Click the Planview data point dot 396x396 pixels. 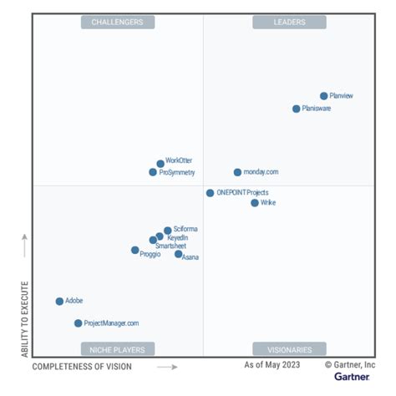point(324,96)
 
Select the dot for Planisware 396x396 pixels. point(296,109)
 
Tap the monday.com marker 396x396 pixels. point(237,172)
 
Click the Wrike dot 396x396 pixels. point(255,202)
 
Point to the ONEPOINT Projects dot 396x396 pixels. point(210,193)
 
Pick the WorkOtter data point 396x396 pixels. point(160,164)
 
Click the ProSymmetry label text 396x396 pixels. point(176,173)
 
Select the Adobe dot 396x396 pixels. point(59,301)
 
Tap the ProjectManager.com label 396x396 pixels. point(112,323)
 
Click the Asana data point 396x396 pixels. point(178,254)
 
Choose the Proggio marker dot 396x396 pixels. point(135,250)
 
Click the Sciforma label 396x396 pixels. point(185,230)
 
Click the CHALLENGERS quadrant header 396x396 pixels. point(117,23)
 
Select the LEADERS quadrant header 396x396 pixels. point(289,23)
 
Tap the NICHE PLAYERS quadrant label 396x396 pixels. point(117,349)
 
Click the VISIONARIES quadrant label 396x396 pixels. point(289,349)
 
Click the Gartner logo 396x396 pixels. point(352,377)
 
